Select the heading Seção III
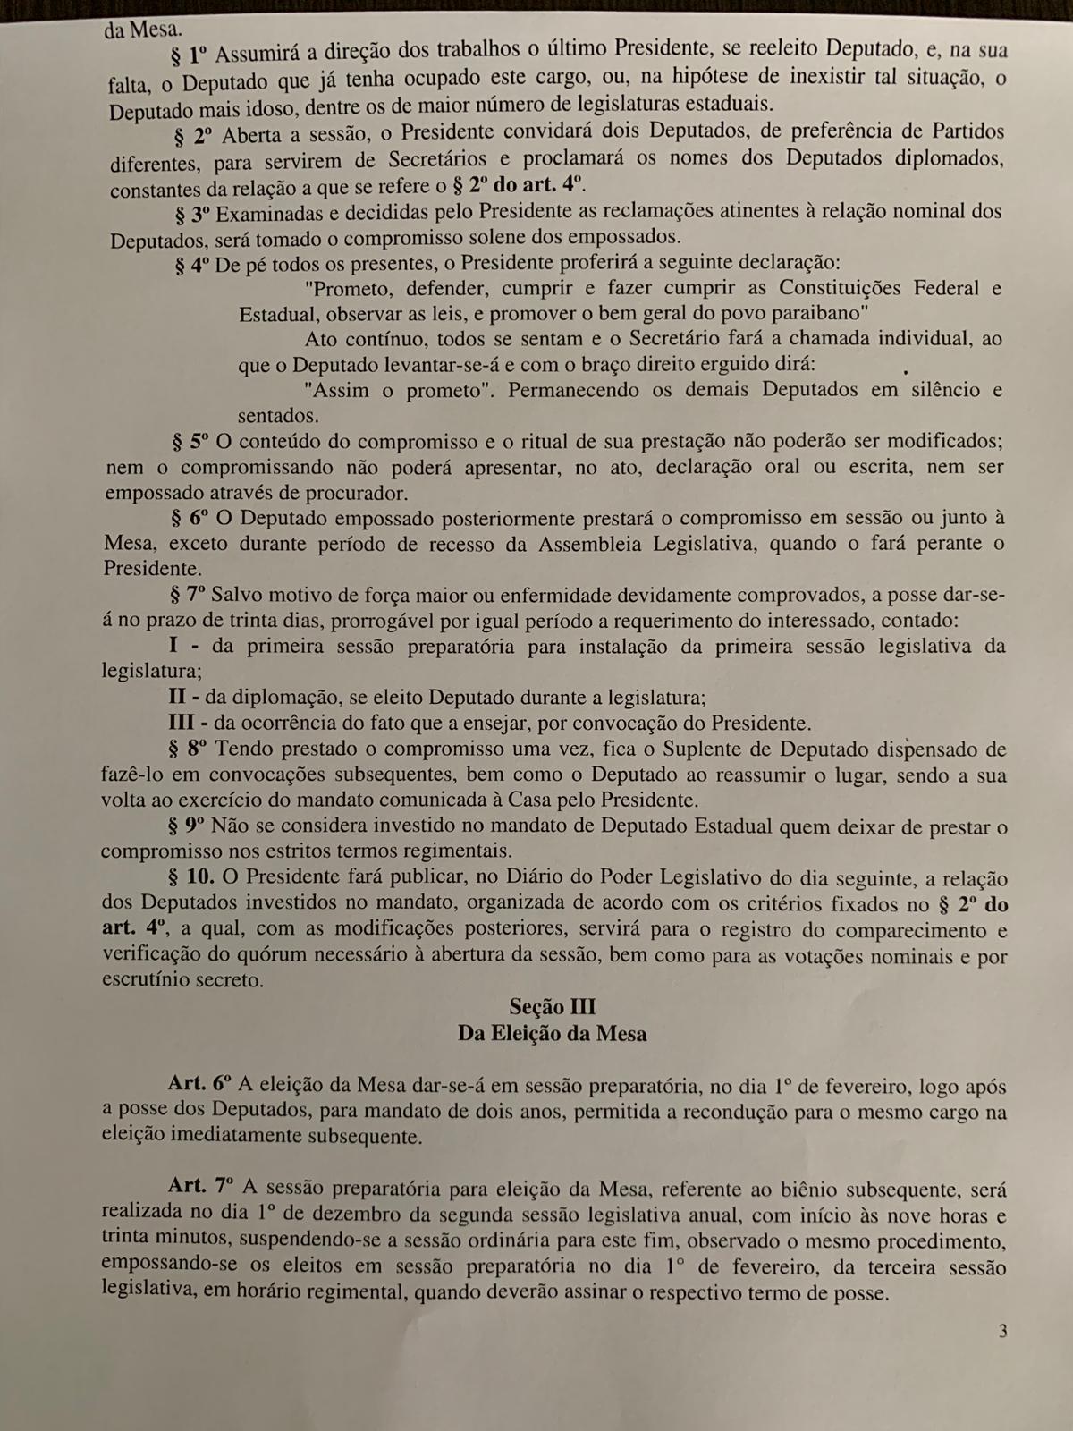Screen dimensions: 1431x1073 point(552,1007)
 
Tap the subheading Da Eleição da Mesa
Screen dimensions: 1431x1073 point(552,1034)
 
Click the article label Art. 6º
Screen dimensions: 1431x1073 point(199,1083)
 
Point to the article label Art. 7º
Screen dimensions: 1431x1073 point(200,1186)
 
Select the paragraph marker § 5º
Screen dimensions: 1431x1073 point(190,441)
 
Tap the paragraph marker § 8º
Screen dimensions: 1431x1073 point(189,749)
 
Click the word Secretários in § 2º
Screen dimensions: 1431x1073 point(437,160)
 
